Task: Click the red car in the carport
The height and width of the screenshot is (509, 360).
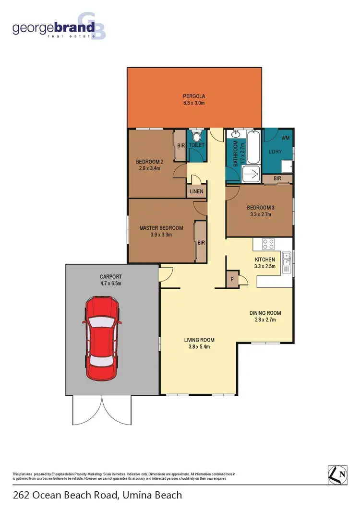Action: (x=102, y=338)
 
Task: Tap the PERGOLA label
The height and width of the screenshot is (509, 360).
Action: (x=194, y=96)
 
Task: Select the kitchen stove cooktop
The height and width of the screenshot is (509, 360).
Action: (x=268, y=244)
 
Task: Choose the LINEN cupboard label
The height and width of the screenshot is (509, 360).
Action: (x=196, y=191)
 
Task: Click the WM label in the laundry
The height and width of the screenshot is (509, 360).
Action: (x=286, y=138)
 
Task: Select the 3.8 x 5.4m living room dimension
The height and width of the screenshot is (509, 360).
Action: (x=197, y=347)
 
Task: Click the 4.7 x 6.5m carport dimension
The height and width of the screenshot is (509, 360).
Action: (x=110, y=284)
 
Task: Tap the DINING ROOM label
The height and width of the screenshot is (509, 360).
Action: (x=265, y=313)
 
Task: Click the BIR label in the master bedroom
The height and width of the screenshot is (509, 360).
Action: (x=201, y=243)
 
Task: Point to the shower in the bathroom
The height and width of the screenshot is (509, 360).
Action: (x=251, y=174)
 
